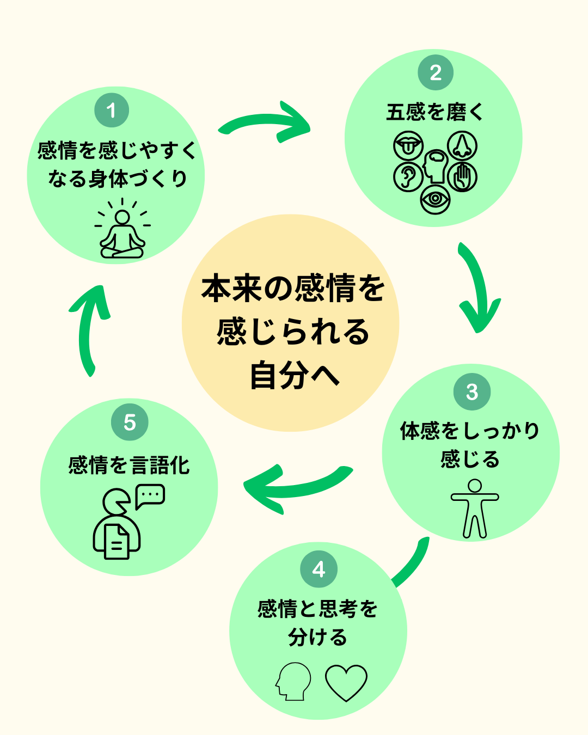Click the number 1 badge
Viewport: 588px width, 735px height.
click(x=112, y=110)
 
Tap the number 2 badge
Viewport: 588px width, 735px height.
click(x=436, y=72)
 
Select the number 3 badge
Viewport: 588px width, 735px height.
click(x=472, y=392)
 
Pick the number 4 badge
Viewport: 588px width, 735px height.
click(x=319, y=569)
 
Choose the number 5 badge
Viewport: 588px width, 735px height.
click(x=130, y=422)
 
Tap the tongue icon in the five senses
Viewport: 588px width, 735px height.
click(x=408, y=145)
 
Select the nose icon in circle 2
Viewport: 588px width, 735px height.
click(x=462, y=145)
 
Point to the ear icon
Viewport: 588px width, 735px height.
click(x=408, y=177)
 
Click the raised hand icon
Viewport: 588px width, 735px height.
click(x=463, y=177)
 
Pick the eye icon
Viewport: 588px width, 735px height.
click(x=435, y=198)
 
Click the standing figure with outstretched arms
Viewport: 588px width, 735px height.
click(x=475, y=509)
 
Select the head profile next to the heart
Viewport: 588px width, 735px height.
click(x=293, y=681)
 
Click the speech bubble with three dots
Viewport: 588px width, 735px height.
click(x=150, y=495)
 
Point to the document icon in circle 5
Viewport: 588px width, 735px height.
click(x=117, y=541)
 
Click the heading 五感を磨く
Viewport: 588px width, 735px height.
click(x=434, y=112)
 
